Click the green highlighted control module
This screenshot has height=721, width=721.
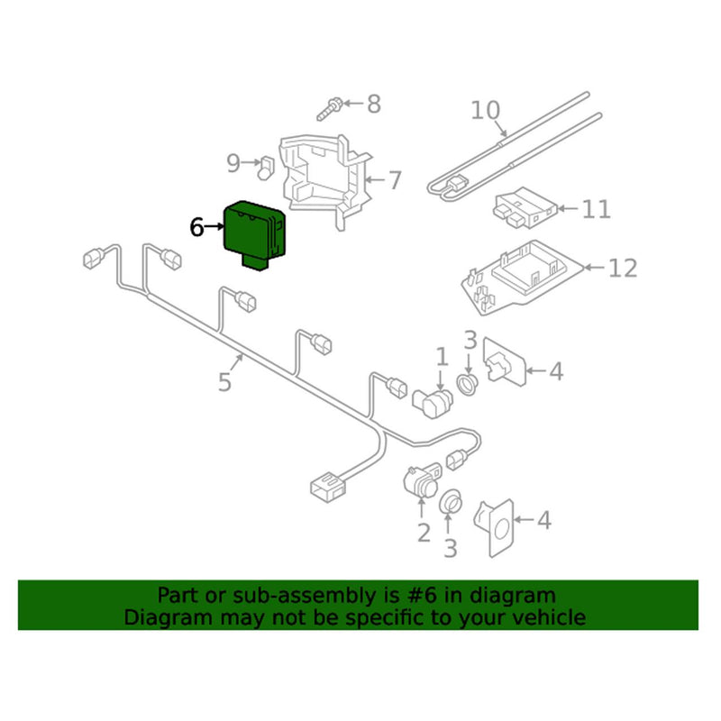(254, 233)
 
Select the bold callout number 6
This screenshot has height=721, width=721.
(197, 228)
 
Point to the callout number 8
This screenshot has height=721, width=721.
(371, 104)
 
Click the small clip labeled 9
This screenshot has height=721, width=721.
(267, 165)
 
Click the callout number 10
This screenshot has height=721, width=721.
(485, 111)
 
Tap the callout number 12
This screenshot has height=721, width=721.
(621, 268)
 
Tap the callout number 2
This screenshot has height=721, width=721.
(424, 533)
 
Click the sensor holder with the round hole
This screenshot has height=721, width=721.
(497, 523)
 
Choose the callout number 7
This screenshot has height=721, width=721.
(395, 180)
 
